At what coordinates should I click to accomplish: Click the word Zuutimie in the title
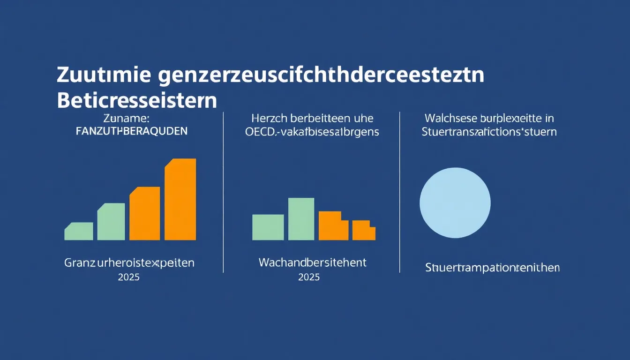pos(104,76)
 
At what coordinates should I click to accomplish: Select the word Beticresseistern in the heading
pos(137,100)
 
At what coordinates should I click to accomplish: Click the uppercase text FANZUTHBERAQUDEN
pos(131,132)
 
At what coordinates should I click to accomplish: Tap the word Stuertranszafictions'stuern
pos(489,132)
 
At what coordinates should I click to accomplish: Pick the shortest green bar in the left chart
pos(79,232)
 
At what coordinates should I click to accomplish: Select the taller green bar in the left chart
pos(111,222)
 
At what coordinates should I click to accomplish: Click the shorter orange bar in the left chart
pos(145,214)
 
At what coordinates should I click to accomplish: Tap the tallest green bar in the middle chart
pos(301,219)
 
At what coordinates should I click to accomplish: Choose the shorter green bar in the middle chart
pos(268,227)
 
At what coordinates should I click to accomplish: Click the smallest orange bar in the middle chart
pos(363,231)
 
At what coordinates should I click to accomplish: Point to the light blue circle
pos(455,203)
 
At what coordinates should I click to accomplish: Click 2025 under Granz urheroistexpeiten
pos(129,277)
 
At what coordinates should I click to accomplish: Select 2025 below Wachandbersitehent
pos(309,277)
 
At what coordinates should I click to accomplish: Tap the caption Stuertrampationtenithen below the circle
pos(492,268)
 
